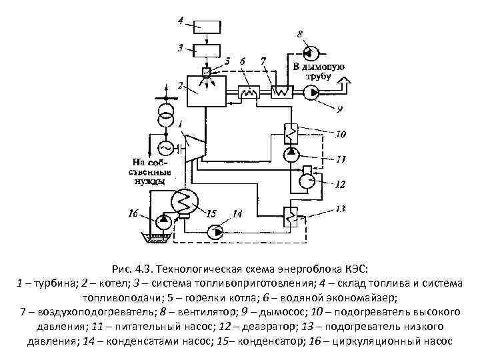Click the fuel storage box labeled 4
(207, 27)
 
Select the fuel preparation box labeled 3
(207, 51)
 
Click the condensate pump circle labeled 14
(217, 232)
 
